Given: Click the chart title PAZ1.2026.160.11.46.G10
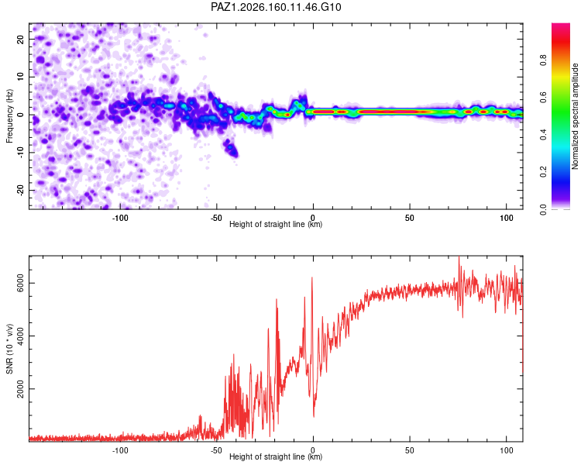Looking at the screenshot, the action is pos(276,7).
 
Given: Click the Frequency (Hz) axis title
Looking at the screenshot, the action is pos(9,116).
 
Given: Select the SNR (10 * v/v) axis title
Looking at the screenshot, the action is pos(9,349).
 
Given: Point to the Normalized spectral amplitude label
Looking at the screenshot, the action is pos(575,116).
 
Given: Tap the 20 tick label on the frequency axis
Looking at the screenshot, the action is pos(20,39).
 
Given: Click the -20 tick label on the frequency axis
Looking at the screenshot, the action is pos(20,190).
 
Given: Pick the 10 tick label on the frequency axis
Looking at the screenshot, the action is pos(20,77).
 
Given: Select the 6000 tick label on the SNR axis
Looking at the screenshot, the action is pos(20,283).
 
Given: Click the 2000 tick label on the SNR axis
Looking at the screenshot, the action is pos(20,388).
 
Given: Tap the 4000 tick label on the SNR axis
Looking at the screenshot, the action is pos(20,336).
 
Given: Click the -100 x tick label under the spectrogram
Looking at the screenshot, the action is pos(119,218).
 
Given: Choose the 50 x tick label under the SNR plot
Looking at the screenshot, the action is pos(410,450).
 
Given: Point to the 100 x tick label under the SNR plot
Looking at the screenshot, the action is pos(506,450).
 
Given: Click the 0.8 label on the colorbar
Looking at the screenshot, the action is pos(543,60).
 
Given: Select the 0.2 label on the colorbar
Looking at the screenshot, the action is pos(543,172).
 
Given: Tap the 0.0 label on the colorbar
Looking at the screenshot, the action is pos(543,209).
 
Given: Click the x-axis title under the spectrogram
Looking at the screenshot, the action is pos(276,224).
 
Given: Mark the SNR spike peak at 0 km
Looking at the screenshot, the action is pos(312,277).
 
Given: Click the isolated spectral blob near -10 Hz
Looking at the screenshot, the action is pos(232,147).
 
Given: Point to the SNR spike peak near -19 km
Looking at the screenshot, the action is pos(277,299).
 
